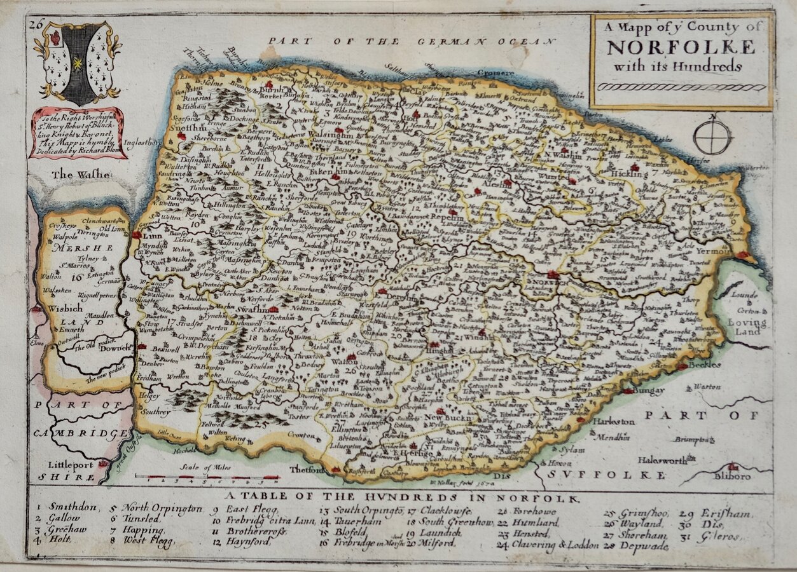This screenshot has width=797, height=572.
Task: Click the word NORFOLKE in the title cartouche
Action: tap(681, 48)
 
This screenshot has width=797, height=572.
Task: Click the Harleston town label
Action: tap(613, 421)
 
